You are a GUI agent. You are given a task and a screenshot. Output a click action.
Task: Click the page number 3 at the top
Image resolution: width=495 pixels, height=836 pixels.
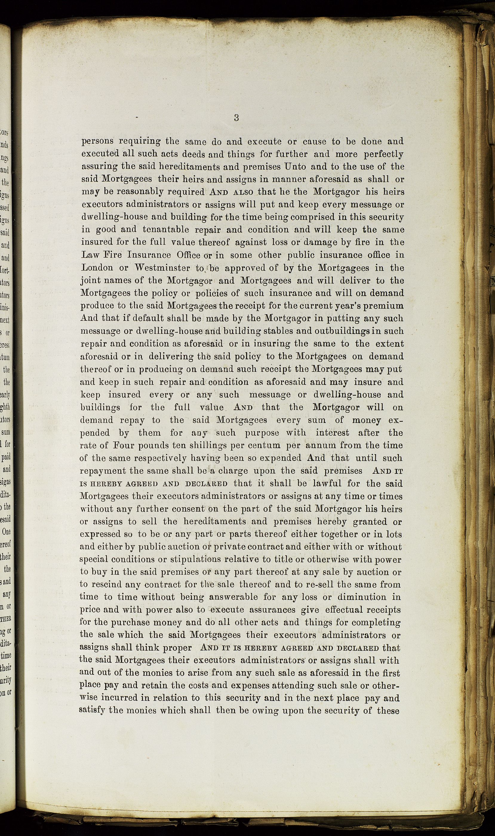click(x=236, y=118)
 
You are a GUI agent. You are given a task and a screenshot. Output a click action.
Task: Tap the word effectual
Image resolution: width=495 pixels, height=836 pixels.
click(x=347, y=610)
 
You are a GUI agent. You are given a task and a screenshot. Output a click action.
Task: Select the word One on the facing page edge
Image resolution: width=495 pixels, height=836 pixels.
click(x=6, y=532)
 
